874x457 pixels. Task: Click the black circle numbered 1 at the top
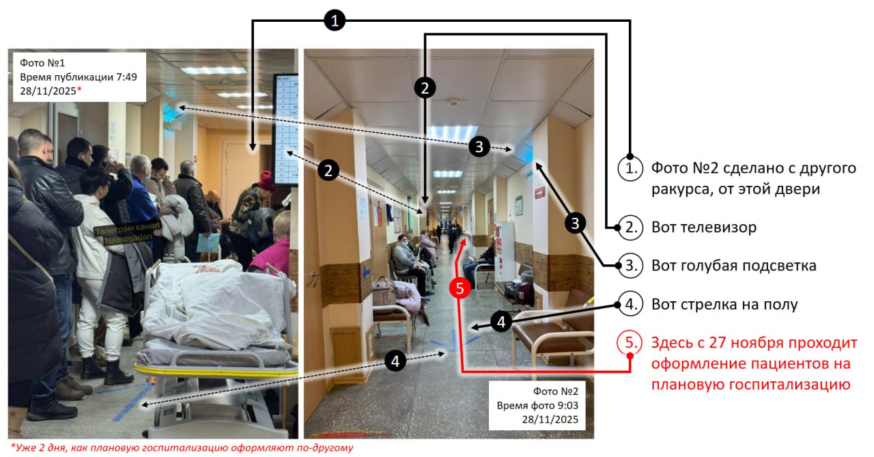[x=335, y=20]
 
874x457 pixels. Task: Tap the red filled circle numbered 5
[x=460, y=288]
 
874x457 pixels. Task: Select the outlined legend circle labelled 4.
[x=630, y=304]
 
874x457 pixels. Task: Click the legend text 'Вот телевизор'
[x=704, y=227]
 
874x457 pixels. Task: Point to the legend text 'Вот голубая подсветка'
[x=733, y=266]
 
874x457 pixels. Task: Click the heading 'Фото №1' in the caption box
[x=42, y=63]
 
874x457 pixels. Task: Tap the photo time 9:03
[x=567, y=406]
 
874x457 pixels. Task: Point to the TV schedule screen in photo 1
[x=285, y=129]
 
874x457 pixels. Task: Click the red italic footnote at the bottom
[x=182, y=447]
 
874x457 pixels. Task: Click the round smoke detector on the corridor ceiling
[x=453, y=102]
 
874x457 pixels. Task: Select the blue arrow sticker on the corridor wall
[x=366, y=272]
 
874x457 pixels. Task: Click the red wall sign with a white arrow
[x=539, y=192]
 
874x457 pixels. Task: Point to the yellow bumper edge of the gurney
[x=214, y=371]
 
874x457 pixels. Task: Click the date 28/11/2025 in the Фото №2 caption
[x=550, y=419]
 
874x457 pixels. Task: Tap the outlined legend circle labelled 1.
[x=630, y=169]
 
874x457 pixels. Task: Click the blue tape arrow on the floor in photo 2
[x=455, y=341]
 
